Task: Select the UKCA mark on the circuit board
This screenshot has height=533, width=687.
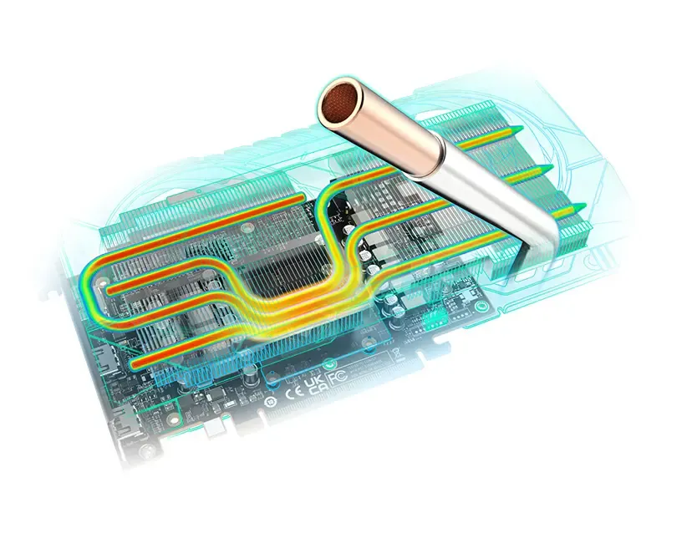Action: click(x=316, y=383)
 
